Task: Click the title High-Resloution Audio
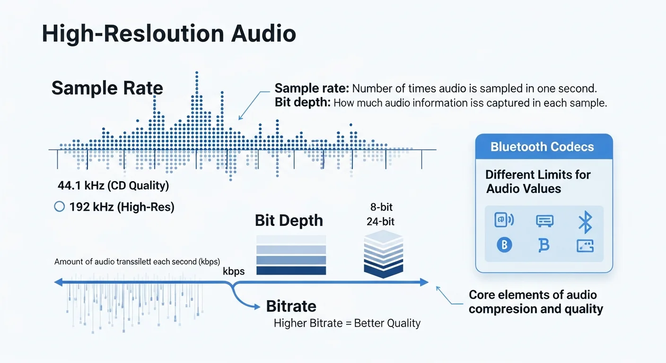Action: (x=169, y=34)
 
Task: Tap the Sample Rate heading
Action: (x=107, y=88)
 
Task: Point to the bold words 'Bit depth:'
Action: (x=302, y=103)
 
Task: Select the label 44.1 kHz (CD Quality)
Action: (x=113, y=185)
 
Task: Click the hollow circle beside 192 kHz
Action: (x=60, y=207)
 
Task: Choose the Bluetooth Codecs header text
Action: (x=542, y=147)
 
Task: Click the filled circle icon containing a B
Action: (x=504, y=245)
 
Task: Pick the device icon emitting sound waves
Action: (x=504, y=220)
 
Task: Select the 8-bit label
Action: (x=382, y=207)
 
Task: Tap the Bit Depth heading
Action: (x=289, y=220)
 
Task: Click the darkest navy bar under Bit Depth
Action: (x=291, y=270)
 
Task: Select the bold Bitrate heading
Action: (x=291, y=306)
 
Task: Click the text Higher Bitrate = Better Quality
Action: (x=347, y=323)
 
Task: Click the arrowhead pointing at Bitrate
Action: (x=256, y=307)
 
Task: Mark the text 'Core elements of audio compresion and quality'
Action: (x=536, y=302)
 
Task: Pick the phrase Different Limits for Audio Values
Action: (x=538, y=181)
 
